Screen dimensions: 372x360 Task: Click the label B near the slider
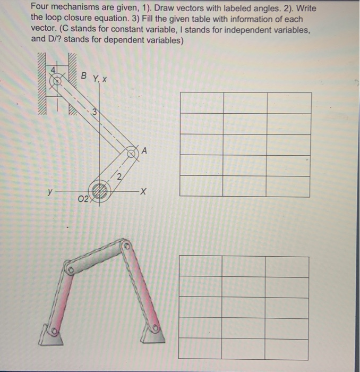click(x=84, y=77)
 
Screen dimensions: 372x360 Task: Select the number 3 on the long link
click(x=94, y=112)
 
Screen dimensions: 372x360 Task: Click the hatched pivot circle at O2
click(x=99, y=190)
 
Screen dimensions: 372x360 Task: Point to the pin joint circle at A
click(x=132, y=154)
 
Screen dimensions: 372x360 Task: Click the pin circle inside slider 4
click(x=55, y=81)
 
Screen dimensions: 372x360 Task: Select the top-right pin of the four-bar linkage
click(x=126, y=247)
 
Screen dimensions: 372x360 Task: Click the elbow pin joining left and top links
click(x=68, y=270)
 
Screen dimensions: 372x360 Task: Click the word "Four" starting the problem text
click(x=40, y=8)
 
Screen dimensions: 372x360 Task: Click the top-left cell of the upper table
click(x=201, y=102)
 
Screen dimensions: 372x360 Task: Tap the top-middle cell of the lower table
click(x=244, y=266)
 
